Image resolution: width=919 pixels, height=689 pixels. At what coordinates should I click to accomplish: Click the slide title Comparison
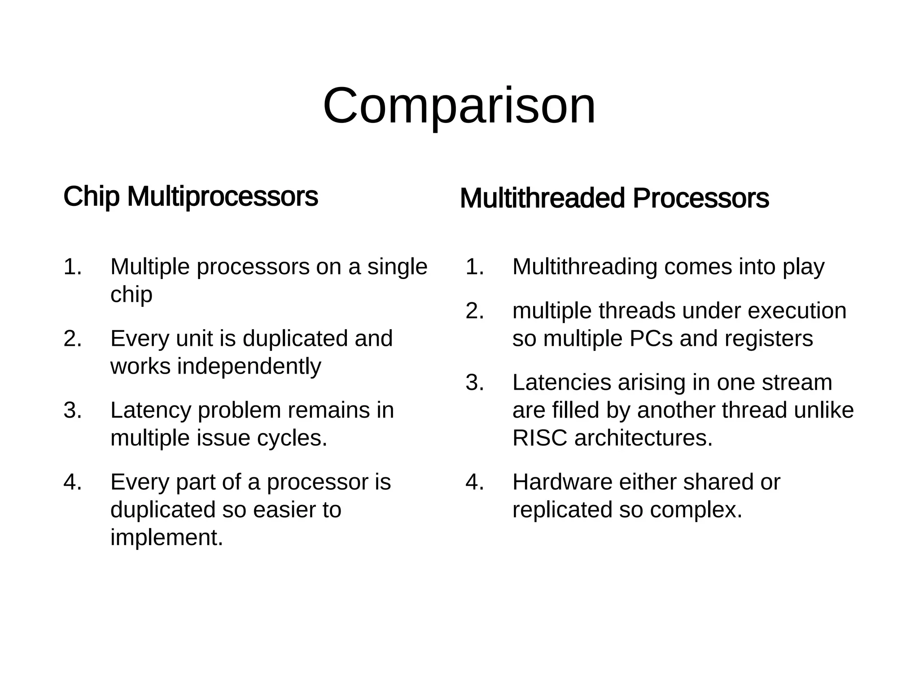459,107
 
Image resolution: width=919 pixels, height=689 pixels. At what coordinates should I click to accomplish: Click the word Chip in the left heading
91,197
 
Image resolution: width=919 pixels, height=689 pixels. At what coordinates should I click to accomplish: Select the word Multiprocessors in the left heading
223,197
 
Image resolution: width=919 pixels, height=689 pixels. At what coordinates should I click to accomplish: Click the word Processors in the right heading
700,199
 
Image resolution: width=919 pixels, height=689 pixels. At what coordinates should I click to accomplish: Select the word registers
767,339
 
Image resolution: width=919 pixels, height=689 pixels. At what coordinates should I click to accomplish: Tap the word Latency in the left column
151,410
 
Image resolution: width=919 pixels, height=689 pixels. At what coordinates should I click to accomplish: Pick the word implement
166,537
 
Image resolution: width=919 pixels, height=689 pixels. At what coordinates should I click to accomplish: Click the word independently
249,366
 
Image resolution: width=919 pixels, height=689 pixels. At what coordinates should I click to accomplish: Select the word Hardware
562,482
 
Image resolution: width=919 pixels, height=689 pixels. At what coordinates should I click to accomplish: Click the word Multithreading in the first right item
585,267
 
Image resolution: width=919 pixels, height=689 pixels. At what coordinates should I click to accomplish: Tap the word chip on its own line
131,295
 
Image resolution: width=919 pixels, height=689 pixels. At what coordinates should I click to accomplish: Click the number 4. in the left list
73,482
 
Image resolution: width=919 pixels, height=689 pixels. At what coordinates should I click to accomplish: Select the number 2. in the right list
475,311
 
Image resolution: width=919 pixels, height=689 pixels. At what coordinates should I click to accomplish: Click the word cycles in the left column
292,438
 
